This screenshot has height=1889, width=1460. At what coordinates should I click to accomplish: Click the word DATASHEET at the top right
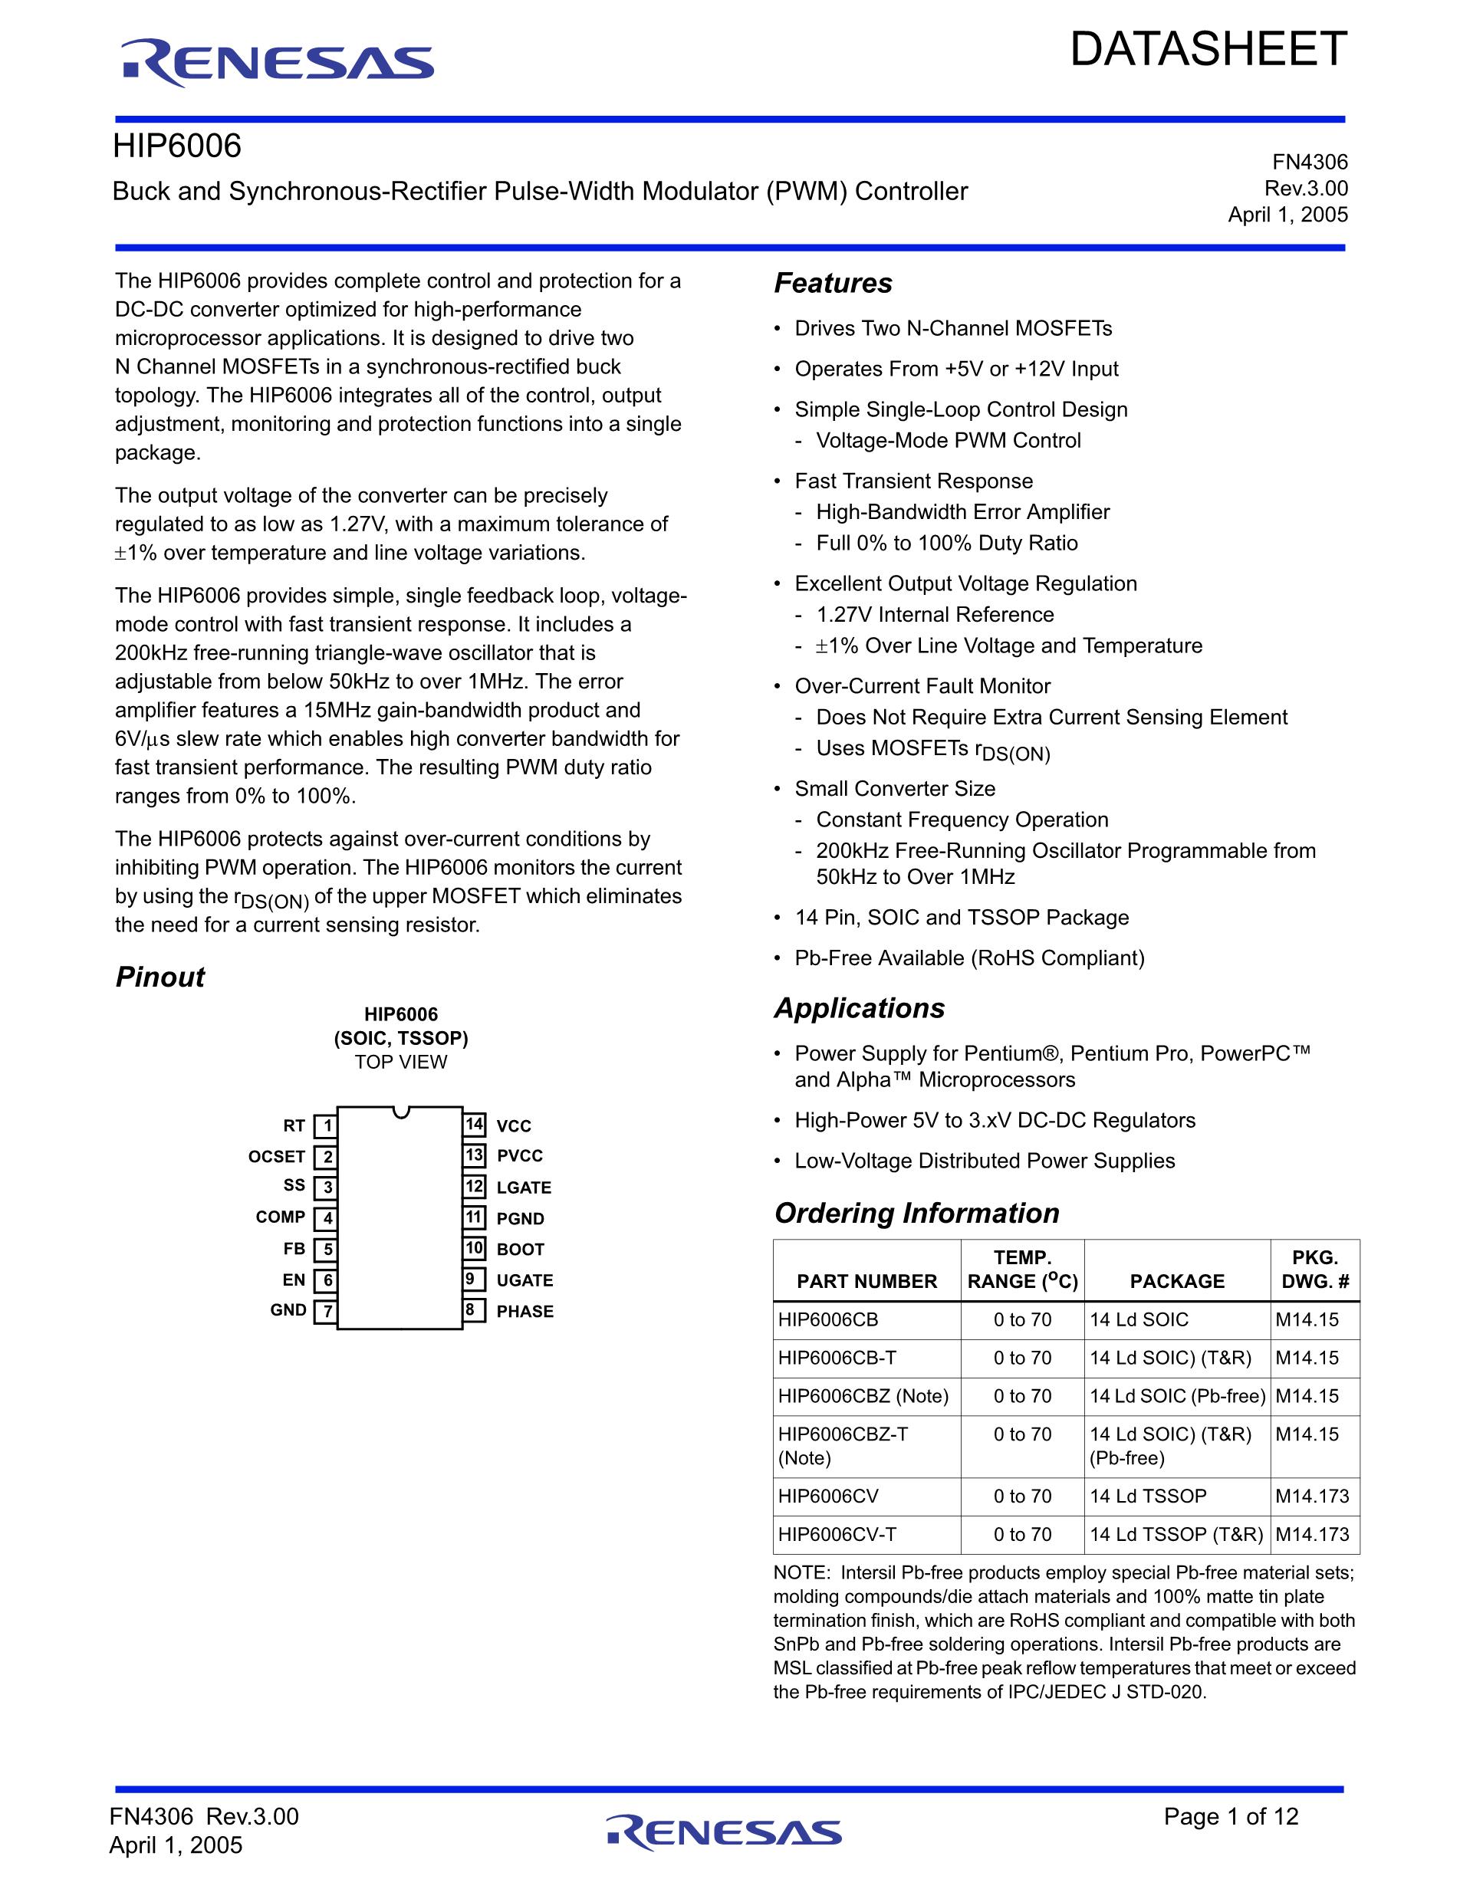(1208, 49)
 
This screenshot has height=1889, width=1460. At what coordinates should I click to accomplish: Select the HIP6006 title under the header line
(177, 146)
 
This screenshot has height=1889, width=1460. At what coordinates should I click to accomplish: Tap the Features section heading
(833, 283)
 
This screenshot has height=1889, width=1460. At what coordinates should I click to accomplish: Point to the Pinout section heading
(160, 977)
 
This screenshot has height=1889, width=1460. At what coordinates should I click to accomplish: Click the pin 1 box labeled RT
(326, 1126)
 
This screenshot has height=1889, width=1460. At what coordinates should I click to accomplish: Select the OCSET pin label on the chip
(277, 1156)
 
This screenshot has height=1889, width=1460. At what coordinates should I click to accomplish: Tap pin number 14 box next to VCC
(474, 1125)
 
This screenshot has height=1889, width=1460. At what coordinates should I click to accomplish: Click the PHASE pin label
(525, 1311)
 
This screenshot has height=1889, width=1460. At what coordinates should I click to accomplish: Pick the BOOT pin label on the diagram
(521, 1249)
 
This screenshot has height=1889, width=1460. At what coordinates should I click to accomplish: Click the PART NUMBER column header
(866, 1281)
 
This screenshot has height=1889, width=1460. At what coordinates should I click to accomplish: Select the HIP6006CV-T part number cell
(837, 1534)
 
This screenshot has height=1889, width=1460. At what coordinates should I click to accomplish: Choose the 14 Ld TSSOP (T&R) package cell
(1176, 1534)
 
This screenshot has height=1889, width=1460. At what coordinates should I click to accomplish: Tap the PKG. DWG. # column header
(1315, 1270)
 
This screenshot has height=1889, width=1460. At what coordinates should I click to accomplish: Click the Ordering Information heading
(917, 1214)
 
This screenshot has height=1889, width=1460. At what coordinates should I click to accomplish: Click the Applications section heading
(860, 1008)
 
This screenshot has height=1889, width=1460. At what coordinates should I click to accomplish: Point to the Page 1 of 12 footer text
(1231, 1816)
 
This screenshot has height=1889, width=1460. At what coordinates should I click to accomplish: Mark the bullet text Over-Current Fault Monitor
(922, 686)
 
